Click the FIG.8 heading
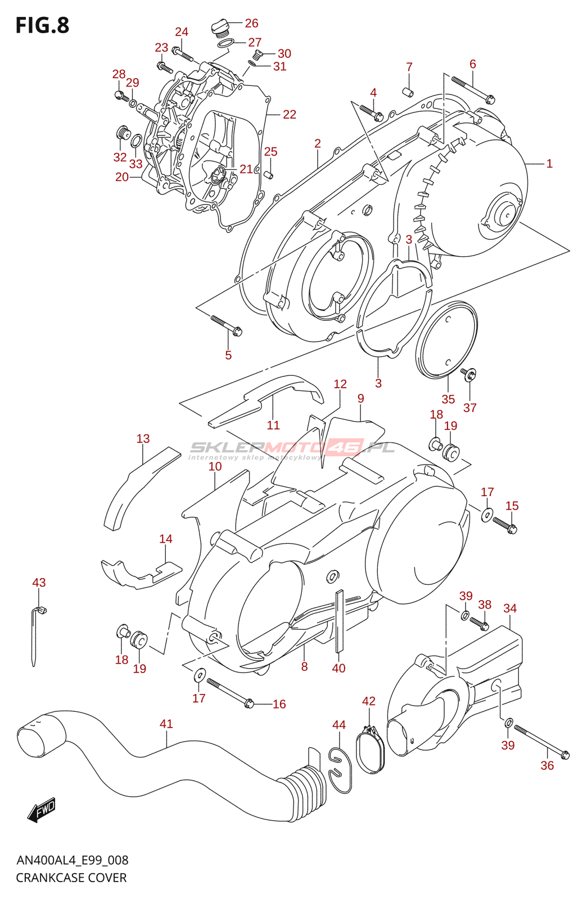tap(43, 25)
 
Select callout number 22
tap(289, 115)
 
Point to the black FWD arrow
tap(41, 810)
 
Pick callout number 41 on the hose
tap(166, 724)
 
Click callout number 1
tap(549, 164)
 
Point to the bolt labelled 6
tap(473, 88)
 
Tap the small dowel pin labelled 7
tap(408, 92)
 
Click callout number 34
tap(509, 608)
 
